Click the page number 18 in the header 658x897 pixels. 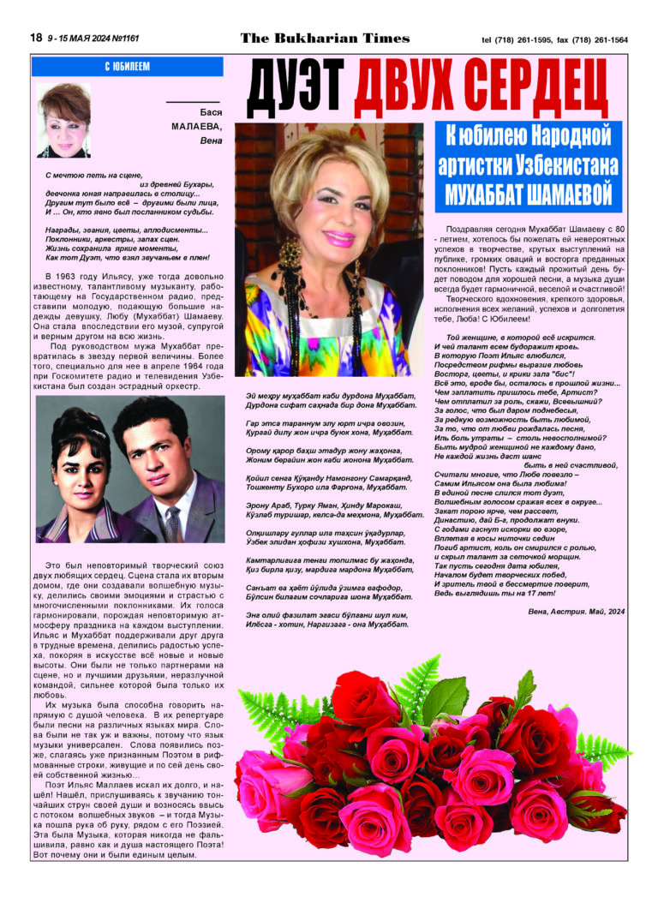tap(37, 39)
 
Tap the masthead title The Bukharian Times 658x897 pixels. tap(325, 39)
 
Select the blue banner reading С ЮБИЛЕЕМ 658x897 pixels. tap(127, 66)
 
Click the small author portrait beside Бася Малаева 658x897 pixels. tap(64, 120)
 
